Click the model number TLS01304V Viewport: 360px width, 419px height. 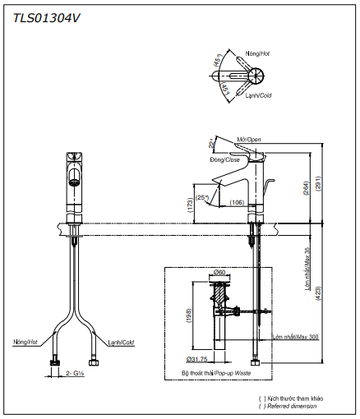click(x=46, y=15)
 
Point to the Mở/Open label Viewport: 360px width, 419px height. click(x=248, y=140)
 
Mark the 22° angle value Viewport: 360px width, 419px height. click(x=212, y=145)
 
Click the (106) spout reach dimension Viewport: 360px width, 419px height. click(x=237, y=202)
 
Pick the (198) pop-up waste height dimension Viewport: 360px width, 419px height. click(x=188, y=317)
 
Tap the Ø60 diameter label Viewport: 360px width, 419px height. click(x=219, y=272)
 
